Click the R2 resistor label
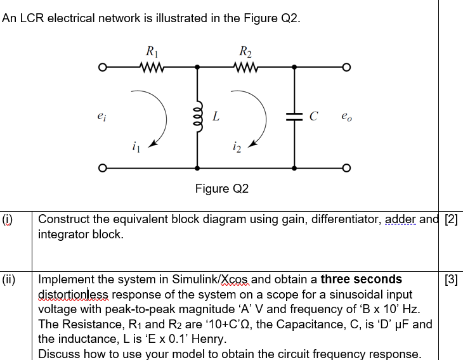tap(245, 51)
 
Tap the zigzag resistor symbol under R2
tap(245, 66)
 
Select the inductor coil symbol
tap(198, 117)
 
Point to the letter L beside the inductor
tap(216, 117)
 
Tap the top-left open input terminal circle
tap(102, 66)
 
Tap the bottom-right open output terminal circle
tap(346, 168)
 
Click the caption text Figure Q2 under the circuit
tap(222, 189)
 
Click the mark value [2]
tap(453, 220)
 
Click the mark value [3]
tap(452, 280)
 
